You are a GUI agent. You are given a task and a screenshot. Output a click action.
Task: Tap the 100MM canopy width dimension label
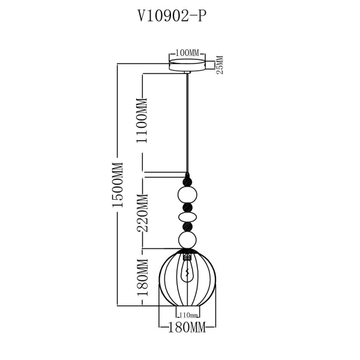tap(187, 54)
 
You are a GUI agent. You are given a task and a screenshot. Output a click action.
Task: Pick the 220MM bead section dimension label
tap(143, 213)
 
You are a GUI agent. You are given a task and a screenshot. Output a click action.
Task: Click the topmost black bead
tap(188, 179)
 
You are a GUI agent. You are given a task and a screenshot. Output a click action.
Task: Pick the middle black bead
tap(188, 207)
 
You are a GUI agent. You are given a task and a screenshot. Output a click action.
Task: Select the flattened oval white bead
tap(188, 216)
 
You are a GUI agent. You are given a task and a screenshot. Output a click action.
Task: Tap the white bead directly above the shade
tap(188, 241)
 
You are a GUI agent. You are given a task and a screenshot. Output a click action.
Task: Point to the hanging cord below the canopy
tap(188, 120)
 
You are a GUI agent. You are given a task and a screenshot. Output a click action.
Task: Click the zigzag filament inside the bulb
tap(188, 275)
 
